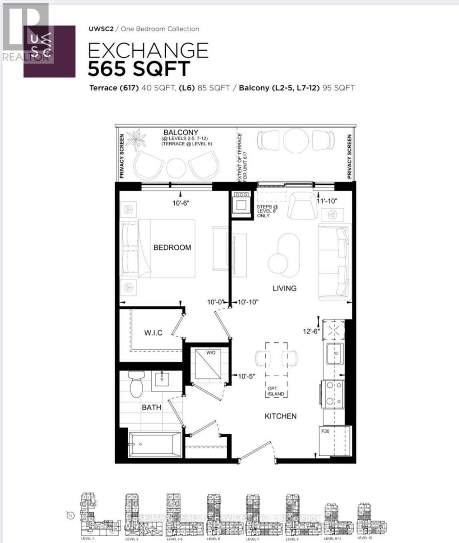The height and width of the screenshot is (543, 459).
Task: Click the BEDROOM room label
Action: [172, 248]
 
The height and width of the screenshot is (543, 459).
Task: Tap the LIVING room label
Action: [284, 288]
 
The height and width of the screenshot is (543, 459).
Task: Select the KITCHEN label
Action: [281, 416]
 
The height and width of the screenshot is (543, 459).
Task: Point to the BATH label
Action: [151, 407]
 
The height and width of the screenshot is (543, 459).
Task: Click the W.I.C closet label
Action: [153, 333]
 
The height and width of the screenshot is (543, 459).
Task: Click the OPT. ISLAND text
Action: [276, 391]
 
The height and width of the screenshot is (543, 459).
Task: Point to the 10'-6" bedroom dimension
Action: [181, 203]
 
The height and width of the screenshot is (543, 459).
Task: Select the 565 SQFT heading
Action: [139, 69]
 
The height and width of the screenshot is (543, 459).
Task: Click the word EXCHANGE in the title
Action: [148, 50]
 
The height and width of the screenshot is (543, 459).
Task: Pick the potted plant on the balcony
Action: [135, 139]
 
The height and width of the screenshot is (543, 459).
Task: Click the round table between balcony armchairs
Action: [176, 168]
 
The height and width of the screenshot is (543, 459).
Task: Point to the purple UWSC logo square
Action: [50, 51]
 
